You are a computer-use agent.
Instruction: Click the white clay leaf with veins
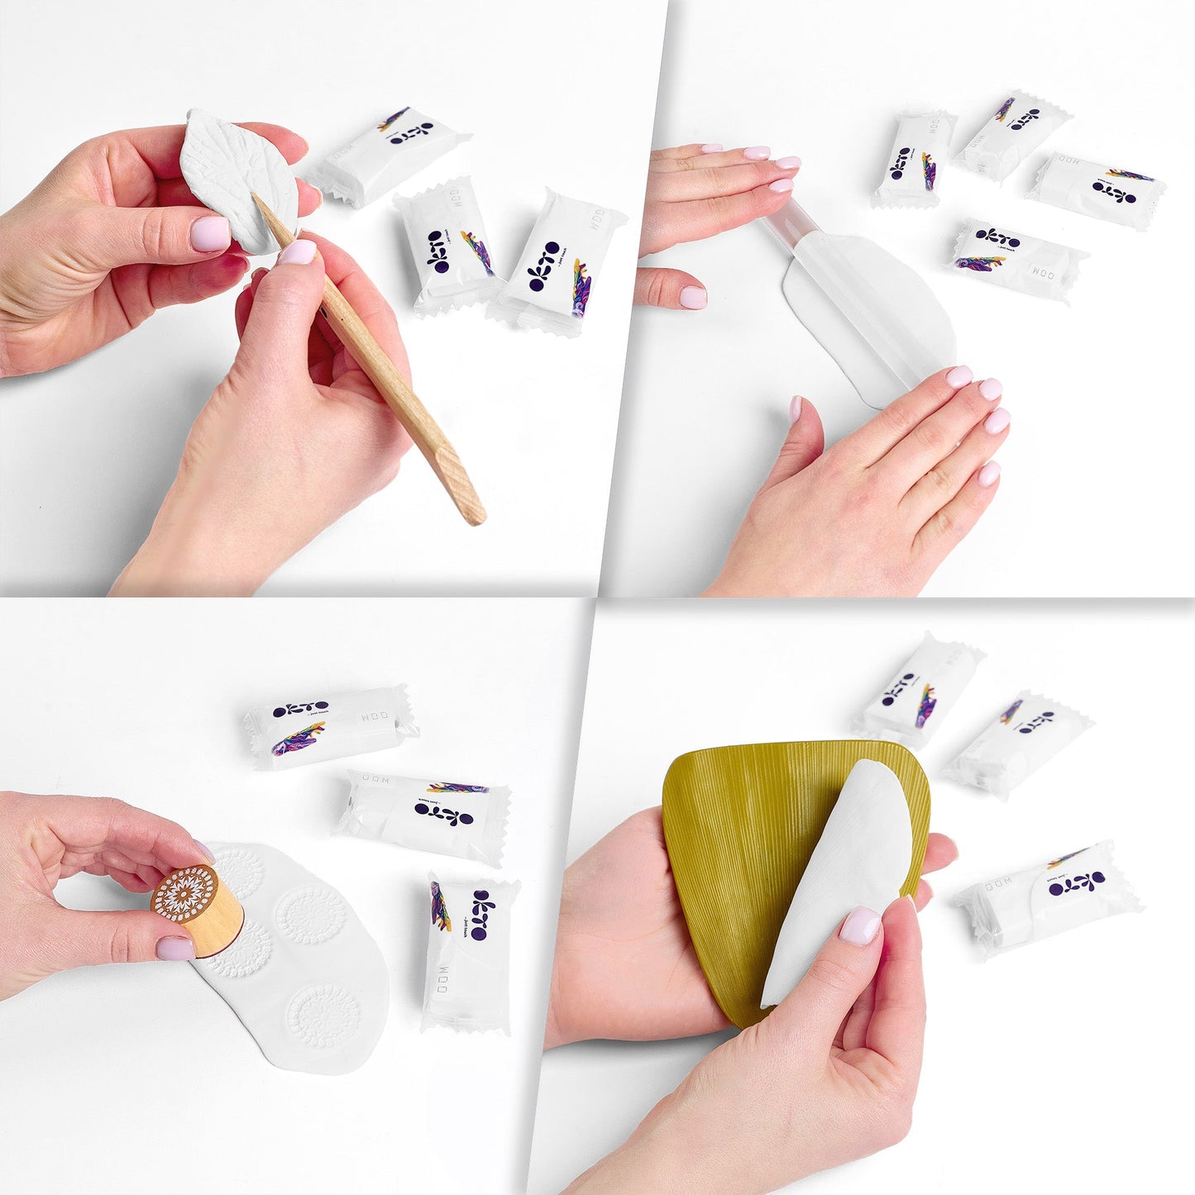[x=236, y=178]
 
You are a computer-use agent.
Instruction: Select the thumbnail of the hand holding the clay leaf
[x=209, y=232]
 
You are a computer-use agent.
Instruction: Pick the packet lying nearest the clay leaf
[x=389, y=153]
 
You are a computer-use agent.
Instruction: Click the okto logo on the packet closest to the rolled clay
[x=997, y=238]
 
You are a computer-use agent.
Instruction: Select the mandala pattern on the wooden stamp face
[x=184, y=895]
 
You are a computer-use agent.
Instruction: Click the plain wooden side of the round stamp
[x=217, y=926]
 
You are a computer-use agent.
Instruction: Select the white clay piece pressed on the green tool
[x=839, y=868]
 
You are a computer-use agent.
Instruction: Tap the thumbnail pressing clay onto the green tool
[x=860, y=925]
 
